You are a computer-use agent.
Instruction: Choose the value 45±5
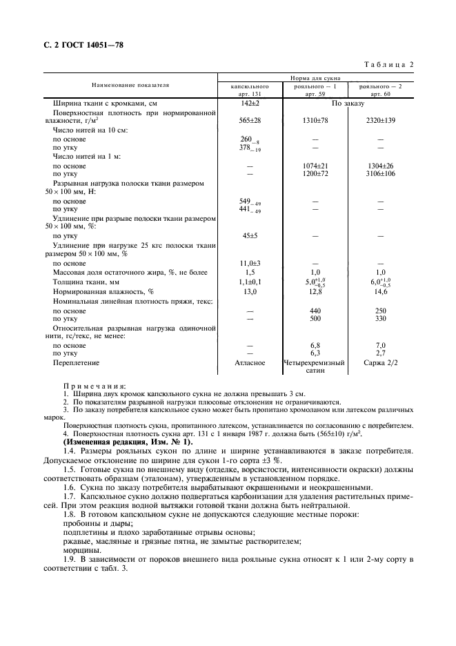tap(249, 235)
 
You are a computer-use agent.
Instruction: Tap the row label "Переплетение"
tap(77, 362)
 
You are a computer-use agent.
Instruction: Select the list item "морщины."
tap(80, 551)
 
